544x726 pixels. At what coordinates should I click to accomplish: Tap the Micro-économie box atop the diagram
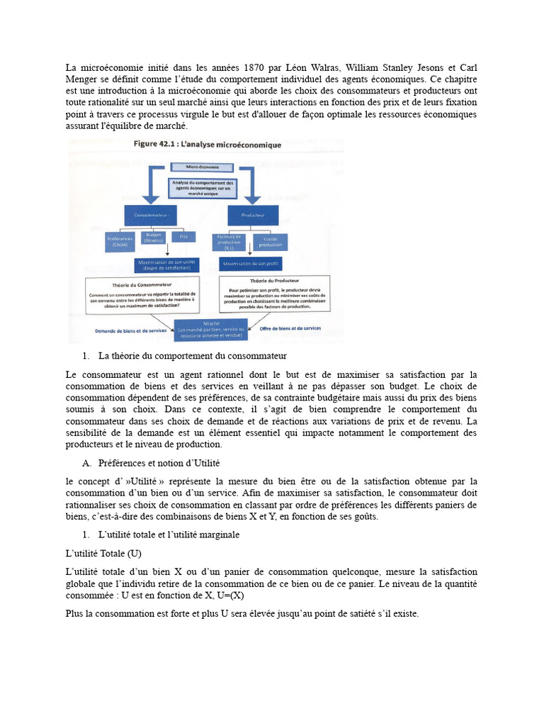(203, 167)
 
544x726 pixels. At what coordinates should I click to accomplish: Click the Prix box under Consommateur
(183, 238)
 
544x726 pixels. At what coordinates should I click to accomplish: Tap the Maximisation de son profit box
(252, 264)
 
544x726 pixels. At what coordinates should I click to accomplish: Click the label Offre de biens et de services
(290, 328)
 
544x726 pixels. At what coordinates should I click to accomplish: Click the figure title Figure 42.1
(208, 145)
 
